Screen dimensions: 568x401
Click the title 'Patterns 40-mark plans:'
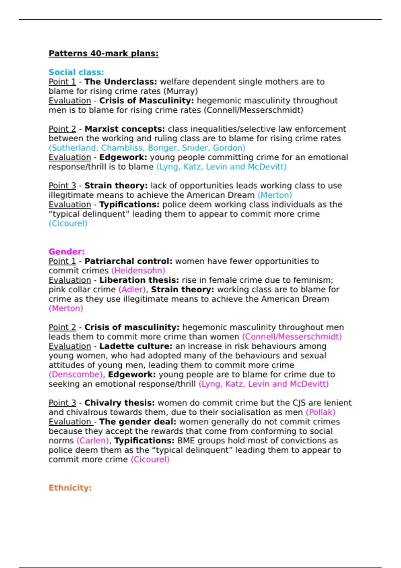tap(104, 53)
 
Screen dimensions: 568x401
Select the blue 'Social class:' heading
tap(76, 72)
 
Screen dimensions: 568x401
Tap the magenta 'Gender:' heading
tap(66, 252)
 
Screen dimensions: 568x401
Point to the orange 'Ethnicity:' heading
tap(70, 488)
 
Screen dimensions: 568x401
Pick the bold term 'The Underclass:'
tap(121, 82)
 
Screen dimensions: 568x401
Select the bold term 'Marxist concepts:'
tap(125, 129)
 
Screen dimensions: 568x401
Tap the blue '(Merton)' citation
tap(275, 195)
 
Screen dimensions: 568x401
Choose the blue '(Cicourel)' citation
tap(68, 224)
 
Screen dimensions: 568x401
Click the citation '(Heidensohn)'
tap(138, 271)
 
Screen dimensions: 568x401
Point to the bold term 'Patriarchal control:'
tap(128, 261)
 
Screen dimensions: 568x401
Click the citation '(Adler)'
tap(132, 290)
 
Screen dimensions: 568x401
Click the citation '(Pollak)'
tap(320, 412)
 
